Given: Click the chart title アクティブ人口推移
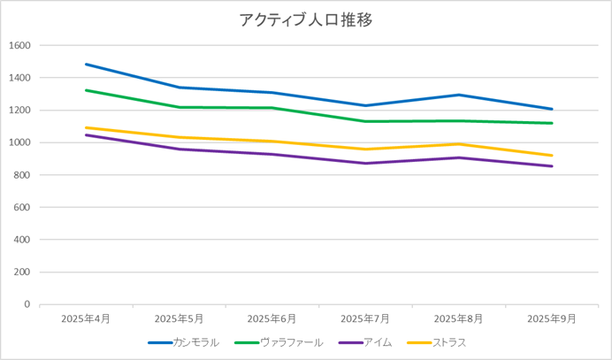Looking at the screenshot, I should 306,19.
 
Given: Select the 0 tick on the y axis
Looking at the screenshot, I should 27,304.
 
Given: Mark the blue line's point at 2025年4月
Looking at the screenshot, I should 87,65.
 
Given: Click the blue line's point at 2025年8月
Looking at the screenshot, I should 459,95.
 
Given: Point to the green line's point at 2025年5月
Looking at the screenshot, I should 180,107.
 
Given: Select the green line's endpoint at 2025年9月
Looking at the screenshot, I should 552,123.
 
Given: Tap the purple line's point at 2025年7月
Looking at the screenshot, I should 365,163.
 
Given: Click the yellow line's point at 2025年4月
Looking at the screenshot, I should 87,127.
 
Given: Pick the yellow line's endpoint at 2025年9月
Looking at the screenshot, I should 552,156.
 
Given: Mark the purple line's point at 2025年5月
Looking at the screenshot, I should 180,149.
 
